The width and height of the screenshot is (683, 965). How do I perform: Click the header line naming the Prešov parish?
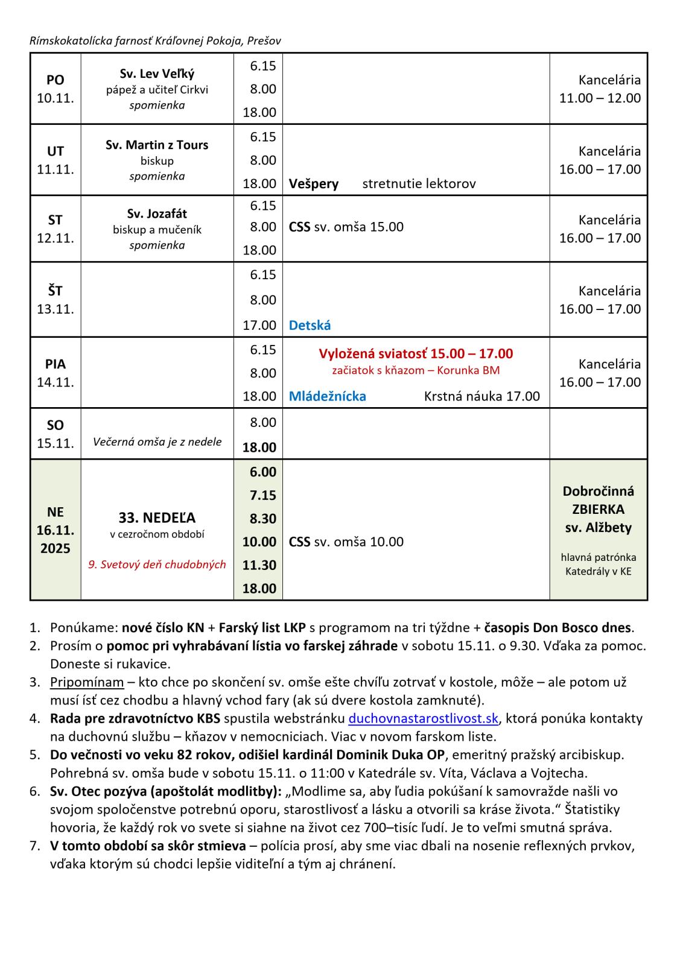[155, 40]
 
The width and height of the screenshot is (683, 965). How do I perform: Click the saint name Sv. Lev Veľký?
[157, 74]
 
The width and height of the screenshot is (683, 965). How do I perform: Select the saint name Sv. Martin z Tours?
[157, 145]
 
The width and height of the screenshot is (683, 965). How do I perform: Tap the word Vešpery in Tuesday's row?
[314, 183]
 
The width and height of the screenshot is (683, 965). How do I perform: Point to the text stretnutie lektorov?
[419, 183]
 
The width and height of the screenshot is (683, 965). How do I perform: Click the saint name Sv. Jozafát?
[157, 214]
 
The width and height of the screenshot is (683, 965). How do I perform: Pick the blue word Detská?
[310, 325]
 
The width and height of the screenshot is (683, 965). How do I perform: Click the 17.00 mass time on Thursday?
[259, 325]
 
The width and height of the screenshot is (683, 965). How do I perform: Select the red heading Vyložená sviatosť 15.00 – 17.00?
[416, 353]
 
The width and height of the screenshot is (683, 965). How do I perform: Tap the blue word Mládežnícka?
[327, 396]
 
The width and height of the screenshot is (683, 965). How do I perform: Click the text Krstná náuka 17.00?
[481, 396]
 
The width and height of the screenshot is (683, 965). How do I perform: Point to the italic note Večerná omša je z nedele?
[157, 441]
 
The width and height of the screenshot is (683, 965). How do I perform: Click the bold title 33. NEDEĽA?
[157, 517]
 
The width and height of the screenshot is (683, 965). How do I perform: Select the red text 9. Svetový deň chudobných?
[157, 565]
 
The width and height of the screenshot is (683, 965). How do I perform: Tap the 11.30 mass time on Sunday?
[259, 565]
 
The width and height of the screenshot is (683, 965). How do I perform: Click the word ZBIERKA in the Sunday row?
[598, 509]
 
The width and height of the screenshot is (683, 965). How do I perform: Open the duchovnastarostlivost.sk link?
[424, 718]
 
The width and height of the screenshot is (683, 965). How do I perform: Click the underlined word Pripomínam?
[87, 682]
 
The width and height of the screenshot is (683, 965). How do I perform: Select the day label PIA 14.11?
[56, 373]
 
